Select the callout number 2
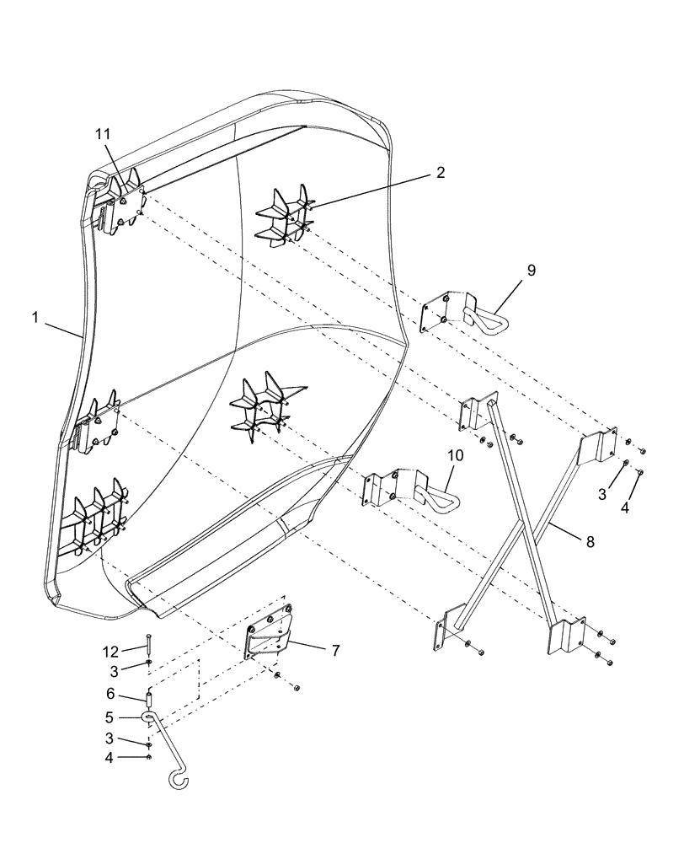441,172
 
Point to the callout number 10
455,455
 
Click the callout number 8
590,542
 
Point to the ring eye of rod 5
149,717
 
